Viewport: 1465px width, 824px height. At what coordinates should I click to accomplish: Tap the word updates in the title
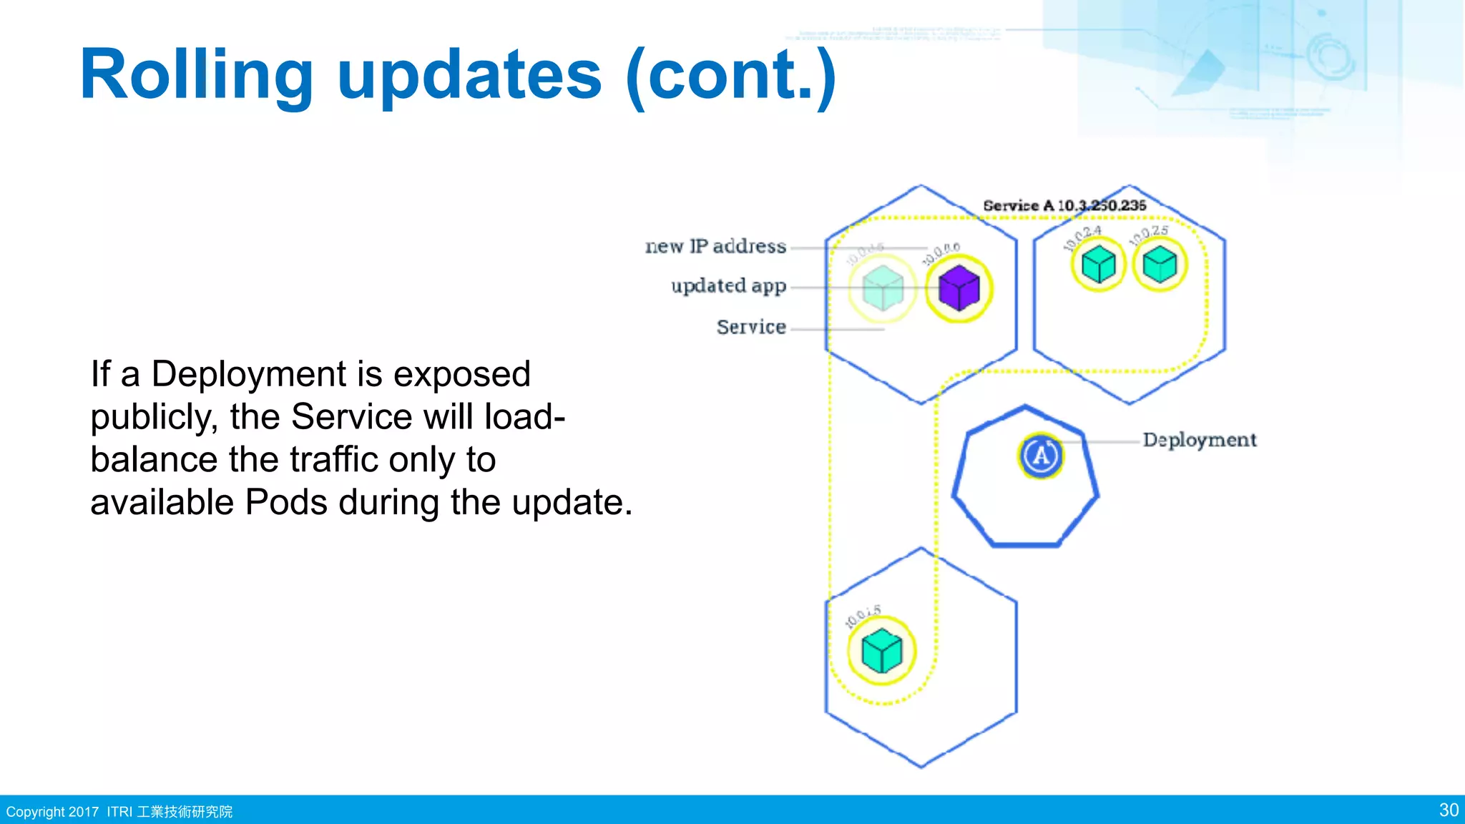[469, 75]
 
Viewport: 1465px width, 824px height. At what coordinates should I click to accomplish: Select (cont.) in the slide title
[730, 75]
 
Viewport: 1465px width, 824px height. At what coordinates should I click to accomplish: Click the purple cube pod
[959, 288]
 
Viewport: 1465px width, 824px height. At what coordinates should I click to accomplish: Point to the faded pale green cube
[883, 288]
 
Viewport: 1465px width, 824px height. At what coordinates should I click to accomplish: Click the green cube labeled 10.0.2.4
[1098, 265]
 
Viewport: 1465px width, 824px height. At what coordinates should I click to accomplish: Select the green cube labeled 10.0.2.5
[1160, 264]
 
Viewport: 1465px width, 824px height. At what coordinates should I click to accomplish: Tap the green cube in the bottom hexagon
[881, 651]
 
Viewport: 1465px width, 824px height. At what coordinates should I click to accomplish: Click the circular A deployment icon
[1041, 455]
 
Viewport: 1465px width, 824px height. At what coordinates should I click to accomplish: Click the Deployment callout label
[1199, 440]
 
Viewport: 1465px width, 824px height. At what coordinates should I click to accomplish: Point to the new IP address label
[715, 246]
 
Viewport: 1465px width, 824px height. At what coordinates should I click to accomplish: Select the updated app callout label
[728, 286]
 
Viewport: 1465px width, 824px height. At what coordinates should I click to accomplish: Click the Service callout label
[751, 327]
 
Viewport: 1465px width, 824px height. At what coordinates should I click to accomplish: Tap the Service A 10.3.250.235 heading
[1064, 205]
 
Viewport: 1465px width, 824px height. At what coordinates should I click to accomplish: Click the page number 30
[1449, 810]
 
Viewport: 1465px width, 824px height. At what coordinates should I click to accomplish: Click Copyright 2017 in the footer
[52, 812]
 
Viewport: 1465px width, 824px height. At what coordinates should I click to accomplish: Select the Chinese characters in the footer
[185, 812]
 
